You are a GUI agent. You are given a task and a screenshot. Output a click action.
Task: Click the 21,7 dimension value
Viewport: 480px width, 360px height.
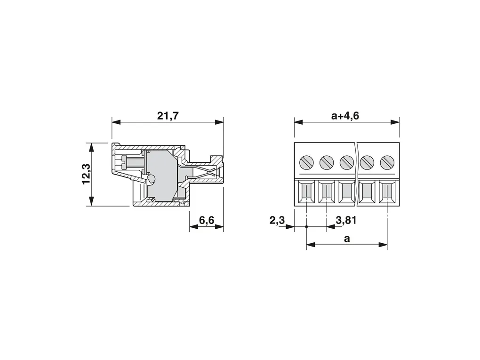(168, 116)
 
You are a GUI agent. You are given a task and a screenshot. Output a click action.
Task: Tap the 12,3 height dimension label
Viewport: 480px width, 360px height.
(86, 174)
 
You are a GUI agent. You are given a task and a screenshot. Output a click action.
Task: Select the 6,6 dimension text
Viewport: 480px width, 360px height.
(207, 220)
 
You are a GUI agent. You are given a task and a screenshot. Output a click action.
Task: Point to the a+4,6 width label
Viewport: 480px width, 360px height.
(345, 116)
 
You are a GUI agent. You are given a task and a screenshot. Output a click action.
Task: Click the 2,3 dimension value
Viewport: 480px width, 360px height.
(277, 220)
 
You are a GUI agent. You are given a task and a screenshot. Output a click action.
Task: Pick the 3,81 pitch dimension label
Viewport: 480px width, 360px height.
(346, 220)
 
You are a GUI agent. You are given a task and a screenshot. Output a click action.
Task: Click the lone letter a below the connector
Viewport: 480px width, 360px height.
(346, 239)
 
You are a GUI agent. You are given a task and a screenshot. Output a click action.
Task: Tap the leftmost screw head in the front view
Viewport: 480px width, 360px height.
(306, 162)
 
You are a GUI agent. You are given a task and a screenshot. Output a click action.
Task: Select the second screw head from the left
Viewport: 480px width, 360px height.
(326, 162)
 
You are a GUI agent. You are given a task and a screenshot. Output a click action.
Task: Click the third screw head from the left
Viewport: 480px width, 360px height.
(346, 162)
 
